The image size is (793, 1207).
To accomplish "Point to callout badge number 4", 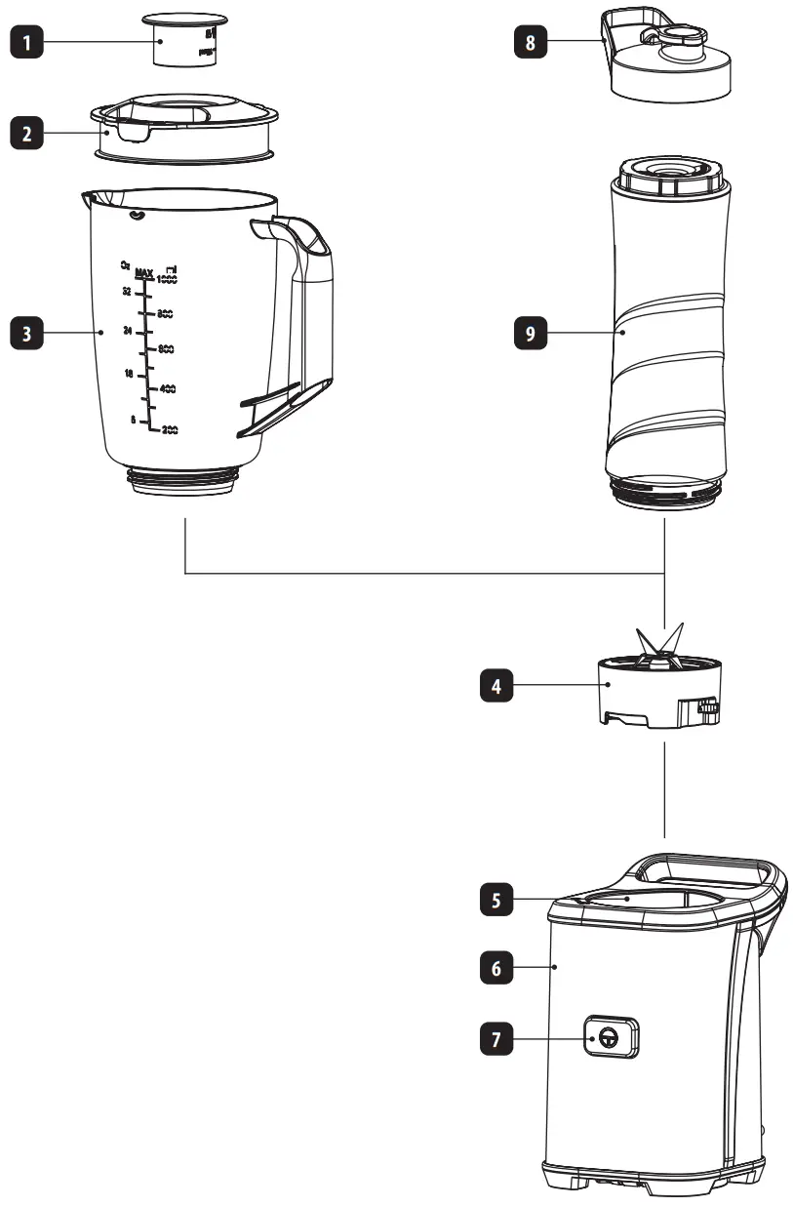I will click(497, 686).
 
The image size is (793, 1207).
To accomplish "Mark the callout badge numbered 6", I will click(497, 969).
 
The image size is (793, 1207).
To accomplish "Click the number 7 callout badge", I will click(497, 1040).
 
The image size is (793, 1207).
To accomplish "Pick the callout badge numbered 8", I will click(531, 42).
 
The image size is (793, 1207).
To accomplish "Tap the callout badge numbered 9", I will click(531, 333).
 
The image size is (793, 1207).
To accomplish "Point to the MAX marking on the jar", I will click(144, 271).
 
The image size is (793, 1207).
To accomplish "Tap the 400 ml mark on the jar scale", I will click(167, 389).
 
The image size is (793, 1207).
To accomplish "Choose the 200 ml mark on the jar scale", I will click(169, 429).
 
